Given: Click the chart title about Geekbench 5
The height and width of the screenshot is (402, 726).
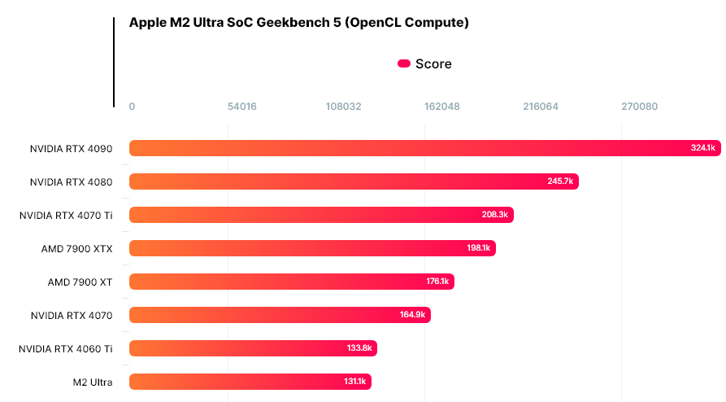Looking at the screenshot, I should coord(298,23).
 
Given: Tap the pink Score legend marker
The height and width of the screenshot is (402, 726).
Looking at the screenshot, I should coord(403,64).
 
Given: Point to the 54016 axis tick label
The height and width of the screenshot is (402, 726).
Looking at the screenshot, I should coord(242,107).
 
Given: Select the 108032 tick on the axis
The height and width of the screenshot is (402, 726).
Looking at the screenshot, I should coord(343,107).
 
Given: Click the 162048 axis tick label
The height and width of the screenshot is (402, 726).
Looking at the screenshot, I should coord(442,107).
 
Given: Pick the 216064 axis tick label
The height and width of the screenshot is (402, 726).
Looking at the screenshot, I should coord(541,107).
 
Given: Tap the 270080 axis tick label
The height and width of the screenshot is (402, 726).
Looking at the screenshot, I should coord(640,107).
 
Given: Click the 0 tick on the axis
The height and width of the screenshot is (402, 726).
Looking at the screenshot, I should coord(133,107).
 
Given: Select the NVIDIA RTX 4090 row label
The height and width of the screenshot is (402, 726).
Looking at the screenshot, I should coord(72,148).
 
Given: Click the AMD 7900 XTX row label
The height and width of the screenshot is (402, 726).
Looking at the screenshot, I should coord(77,248).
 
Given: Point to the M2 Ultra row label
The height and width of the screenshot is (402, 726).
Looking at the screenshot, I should coord(92,382).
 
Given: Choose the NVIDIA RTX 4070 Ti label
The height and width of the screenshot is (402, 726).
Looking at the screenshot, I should coord(66,215).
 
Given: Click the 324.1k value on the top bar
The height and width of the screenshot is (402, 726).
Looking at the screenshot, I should coord(702,148).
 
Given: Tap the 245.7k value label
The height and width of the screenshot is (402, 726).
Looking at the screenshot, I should coord(560,181).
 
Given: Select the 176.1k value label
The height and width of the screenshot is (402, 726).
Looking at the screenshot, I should coord(437,282).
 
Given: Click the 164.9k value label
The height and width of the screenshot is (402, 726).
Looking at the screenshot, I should coord(413,315).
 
